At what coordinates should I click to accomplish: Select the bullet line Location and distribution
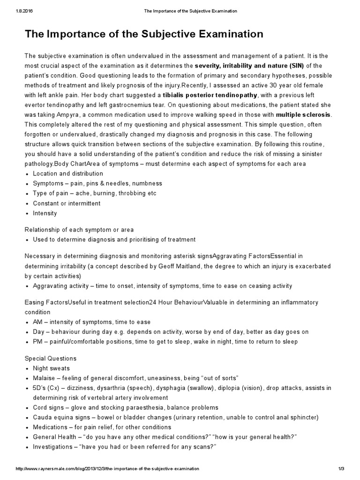click(61, 173)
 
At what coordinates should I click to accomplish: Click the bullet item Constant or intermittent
click(67, 203)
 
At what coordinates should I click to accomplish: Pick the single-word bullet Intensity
click(45, 213)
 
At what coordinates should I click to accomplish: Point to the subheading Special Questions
click(50, 359)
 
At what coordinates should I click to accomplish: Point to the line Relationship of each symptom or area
click(79, 230)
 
